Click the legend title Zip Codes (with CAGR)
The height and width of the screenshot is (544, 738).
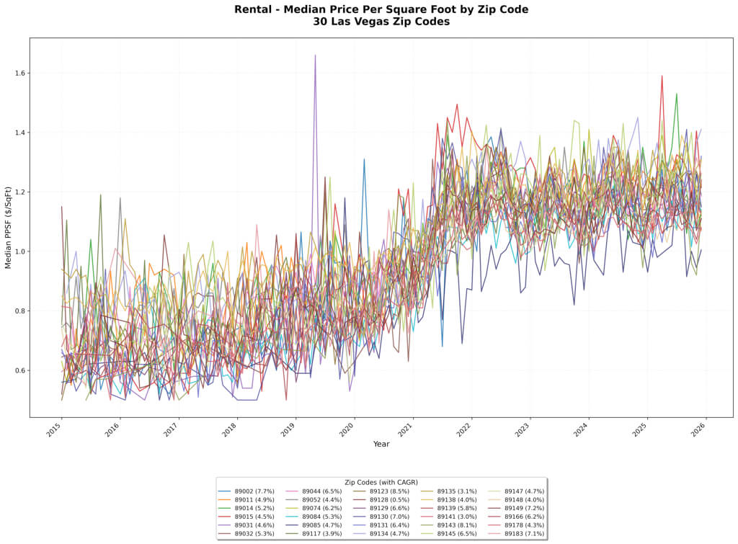pyautogui.click(x=381, y=482)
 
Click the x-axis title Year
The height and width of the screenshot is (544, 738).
pyautogui.click(x=381, y=444)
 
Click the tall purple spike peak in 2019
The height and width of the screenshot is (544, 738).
pyautogui.click(x=315, y=55)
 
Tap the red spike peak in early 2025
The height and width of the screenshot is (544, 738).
pyautogui.click(x=662, y=76)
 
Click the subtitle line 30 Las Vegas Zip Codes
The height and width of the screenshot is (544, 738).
pyautogui.click(x=381, y=22)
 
